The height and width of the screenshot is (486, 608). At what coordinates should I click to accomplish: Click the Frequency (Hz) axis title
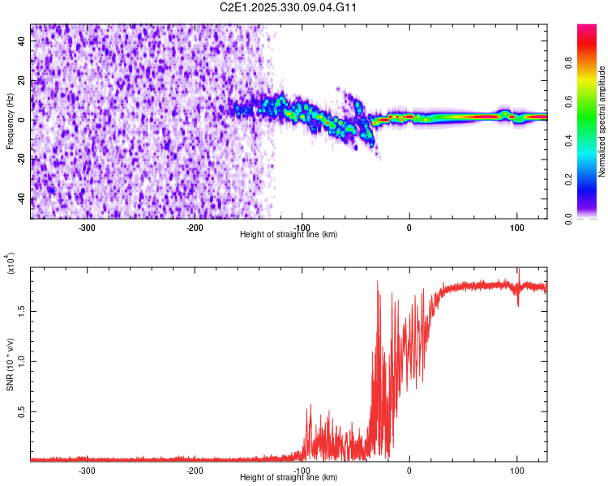coord(10,121)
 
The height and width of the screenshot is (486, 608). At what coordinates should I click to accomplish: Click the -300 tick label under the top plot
coord(87,228)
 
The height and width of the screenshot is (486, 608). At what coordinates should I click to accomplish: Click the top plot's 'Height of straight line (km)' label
coord(289,235)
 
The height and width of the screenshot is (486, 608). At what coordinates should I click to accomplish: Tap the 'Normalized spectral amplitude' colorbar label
coord(602,122)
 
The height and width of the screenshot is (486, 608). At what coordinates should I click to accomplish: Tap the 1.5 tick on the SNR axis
coord(20,310)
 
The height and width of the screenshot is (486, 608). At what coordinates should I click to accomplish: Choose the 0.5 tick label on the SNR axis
coord(20,411)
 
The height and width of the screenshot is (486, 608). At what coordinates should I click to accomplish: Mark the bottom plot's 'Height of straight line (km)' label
coord(289,477)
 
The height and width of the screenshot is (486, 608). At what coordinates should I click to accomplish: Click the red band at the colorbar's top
coord(587,32)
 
